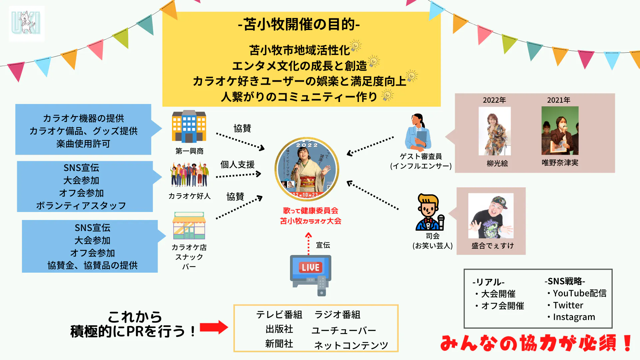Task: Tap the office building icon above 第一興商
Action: [x=189, y=127]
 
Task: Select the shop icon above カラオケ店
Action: [x=189, y=226]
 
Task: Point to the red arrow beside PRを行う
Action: [x=214, y=327]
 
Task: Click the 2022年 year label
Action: [x=494, y=100]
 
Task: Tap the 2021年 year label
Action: [x=559, y=100]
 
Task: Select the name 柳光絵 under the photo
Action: [x=497, y=163]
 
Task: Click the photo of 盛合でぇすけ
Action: [x=491, y=216]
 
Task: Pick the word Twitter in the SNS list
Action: [x=568, y=305]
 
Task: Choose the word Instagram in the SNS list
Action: [x=574, y=317]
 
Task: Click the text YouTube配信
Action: [x=579, y=293]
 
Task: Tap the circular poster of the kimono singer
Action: [x=307, y=169]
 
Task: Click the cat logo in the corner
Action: [x=26, y=23]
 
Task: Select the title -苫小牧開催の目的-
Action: [x=299, y=24]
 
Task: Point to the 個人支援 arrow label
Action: [x=237, y=164]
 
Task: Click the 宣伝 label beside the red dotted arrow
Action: [x=323, y=245]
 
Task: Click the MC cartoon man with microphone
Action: [x=429, y=212]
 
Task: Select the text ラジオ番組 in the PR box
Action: [x=337, y=315]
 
